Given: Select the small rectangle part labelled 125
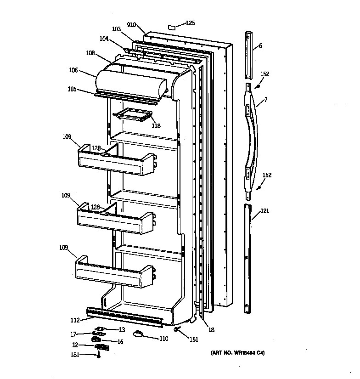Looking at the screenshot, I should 171,27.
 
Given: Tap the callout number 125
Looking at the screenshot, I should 190,23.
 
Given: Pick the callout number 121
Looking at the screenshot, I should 265,211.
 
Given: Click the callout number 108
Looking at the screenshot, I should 90,53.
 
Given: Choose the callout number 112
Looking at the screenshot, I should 75,320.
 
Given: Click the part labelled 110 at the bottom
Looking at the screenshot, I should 138,334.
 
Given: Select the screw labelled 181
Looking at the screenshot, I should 98,354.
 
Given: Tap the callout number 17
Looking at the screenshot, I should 73,334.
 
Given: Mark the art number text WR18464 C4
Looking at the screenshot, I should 238,353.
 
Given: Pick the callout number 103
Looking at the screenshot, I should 116,29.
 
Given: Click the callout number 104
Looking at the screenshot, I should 104,39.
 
